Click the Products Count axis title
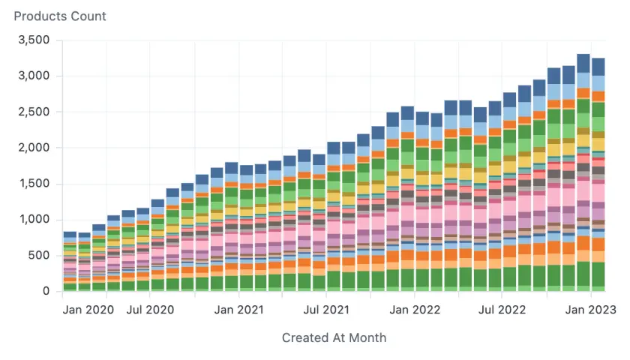click(60, 16)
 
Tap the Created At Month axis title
click(334, 337)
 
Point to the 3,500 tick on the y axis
click(33, 40)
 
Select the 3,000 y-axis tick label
click(33, 76)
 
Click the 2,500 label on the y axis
click(33, 112)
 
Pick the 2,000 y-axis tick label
click(33, 148)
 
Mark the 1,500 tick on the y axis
click(33, 184)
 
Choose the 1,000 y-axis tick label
click(33, 220)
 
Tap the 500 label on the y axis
click(39, 256)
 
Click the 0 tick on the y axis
click(46, 292)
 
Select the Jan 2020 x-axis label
click(88, 309)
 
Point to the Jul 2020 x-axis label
click(150, 309)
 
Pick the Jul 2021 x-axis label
click(326, 309)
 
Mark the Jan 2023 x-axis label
click(591, 309)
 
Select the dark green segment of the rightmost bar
click(598, 274)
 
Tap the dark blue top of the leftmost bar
click(70, 235)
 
